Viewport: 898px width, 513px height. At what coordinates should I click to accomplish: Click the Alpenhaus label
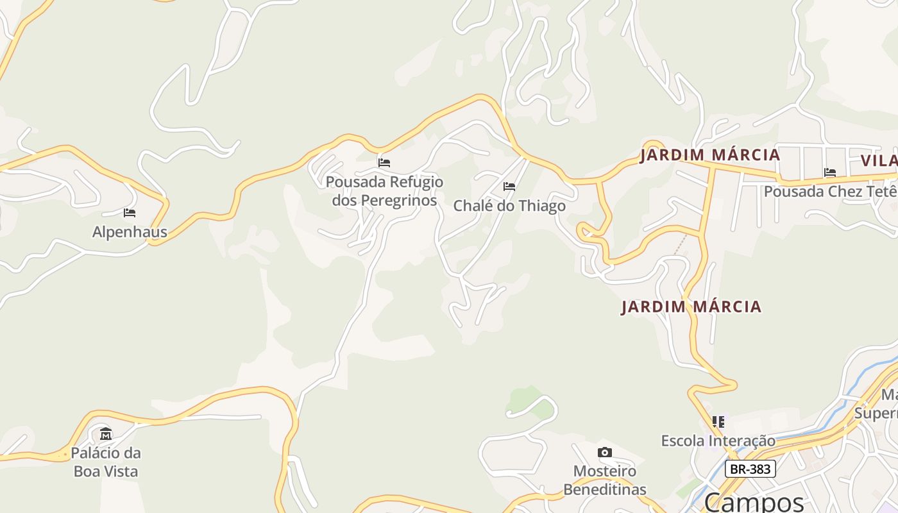pos(130,232)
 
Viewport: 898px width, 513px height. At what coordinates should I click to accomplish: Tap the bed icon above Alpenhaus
pos(130,213)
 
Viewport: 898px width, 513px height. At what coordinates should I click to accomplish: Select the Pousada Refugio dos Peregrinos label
pos(384,191)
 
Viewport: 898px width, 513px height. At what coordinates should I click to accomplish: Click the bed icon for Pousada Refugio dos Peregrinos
pos(384,163)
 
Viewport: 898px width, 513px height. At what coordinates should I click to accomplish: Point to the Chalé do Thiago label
pos(509,206)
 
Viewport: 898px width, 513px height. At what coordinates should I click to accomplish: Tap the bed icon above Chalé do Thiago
pos(509,187)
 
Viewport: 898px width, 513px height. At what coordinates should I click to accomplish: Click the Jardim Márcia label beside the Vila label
pos(709,155)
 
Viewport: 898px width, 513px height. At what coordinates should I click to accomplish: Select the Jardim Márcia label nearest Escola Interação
pos(691,307)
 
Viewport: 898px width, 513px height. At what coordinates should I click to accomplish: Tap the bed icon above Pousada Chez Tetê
pos(830,172)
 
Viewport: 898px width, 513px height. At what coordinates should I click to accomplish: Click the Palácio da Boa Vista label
pos(106,462)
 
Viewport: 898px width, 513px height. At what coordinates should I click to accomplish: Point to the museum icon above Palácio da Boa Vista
pos(106,434)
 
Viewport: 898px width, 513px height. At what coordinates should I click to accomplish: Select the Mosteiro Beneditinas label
pos(604,480)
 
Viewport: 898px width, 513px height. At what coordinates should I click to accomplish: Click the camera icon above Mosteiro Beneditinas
pos(604,453)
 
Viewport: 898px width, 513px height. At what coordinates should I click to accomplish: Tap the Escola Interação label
pos(718,441)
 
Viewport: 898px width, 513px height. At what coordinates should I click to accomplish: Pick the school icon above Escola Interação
pos(718,422)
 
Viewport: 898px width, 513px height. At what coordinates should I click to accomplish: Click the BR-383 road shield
pos(750,469)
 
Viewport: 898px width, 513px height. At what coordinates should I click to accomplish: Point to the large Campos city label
pos(754,501)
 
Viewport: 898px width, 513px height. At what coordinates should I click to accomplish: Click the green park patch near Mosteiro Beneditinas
pos(529,401)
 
